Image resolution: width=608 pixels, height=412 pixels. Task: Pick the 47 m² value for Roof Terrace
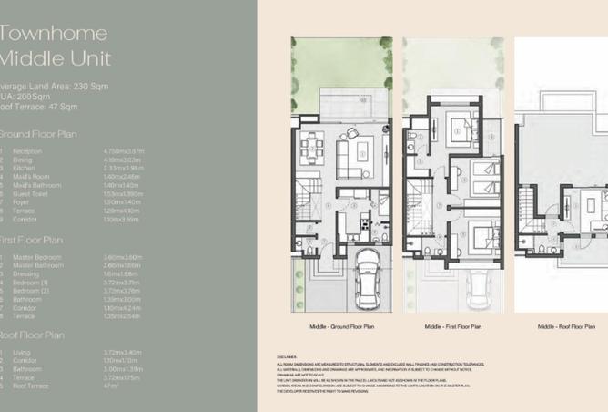pyautogui.click(x=112, y=386)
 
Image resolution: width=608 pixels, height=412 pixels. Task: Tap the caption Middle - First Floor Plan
pyautogui.click(x=452, y=324)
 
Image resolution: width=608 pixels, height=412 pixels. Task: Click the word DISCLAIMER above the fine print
pyautogui.click(x=289, y=356)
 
